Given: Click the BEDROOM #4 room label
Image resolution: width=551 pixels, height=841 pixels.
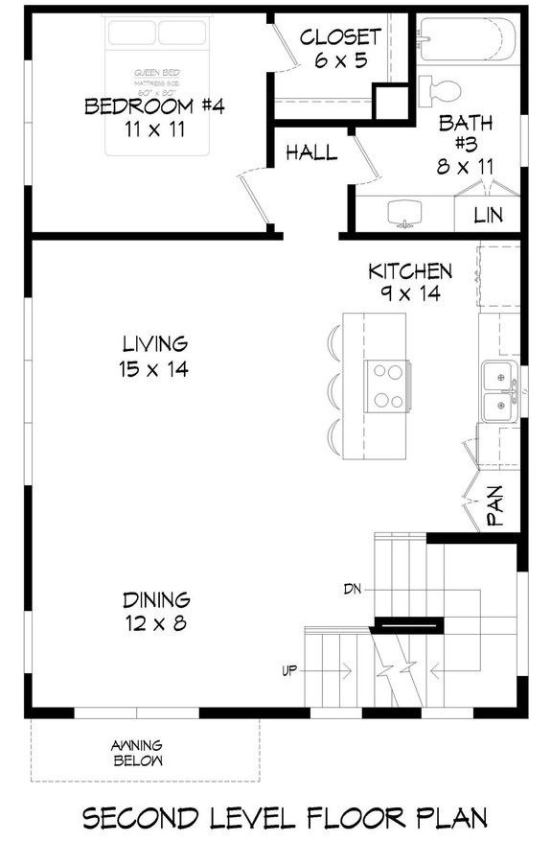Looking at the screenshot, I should pos(154,106).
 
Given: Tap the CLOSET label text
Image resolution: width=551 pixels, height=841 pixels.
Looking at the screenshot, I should pos(340,37).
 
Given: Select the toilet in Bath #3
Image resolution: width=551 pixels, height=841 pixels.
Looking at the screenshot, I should pos(441,92).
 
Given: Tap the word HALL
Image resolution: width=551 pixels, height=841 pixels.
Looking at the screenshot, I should pos(310,152).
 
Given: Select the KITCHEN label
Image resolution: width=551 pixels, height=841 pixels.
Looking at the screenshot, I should pos(410,271).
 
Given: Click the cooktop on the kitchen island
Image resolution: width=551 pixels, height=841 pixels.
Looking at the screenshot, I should pos(386,385).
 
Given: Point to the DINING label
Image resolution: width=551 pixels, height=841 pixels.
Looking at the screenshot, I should pos(155,600).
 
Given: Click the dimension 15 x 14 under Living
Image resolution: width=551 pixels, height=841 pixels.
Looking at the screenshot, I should pos(154,367).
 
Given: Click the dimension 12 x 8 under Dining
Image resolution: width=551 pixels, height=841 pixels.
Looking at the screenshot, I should pos(155,623).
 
